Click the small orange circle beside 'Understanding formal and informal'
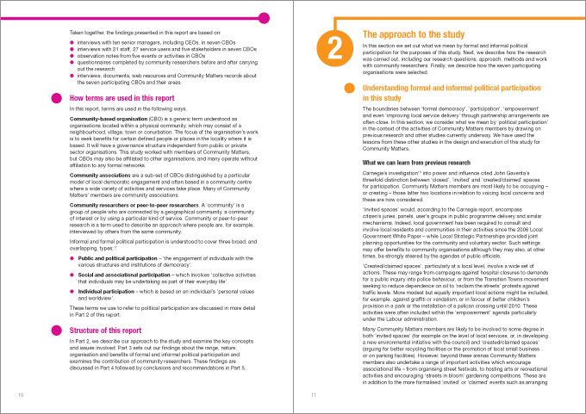349,89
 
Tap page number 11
315,395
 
